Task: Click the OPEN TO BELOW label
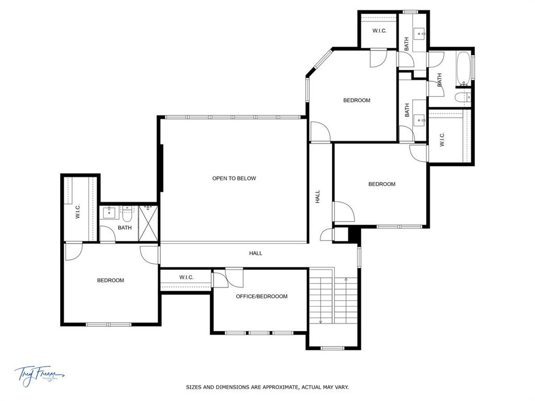pos(234,179)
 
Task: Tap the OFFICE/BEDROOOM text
pos(261,297)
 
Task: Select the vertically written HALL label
pos(318,197)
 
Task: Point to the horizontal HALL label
pos(255,253)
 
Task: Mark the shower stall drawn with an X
pos(148,223)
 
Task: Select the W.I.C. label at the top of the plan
pos(379,31)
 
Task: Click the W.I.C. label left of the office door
pos(187,277)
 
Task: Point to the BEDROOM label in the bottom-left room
pos(111,280)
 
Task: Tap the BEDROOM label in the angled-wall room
pos(356,100)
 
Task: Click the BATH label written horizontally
pos(124,228)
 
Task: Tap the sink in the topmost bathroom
pos(420,33)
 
